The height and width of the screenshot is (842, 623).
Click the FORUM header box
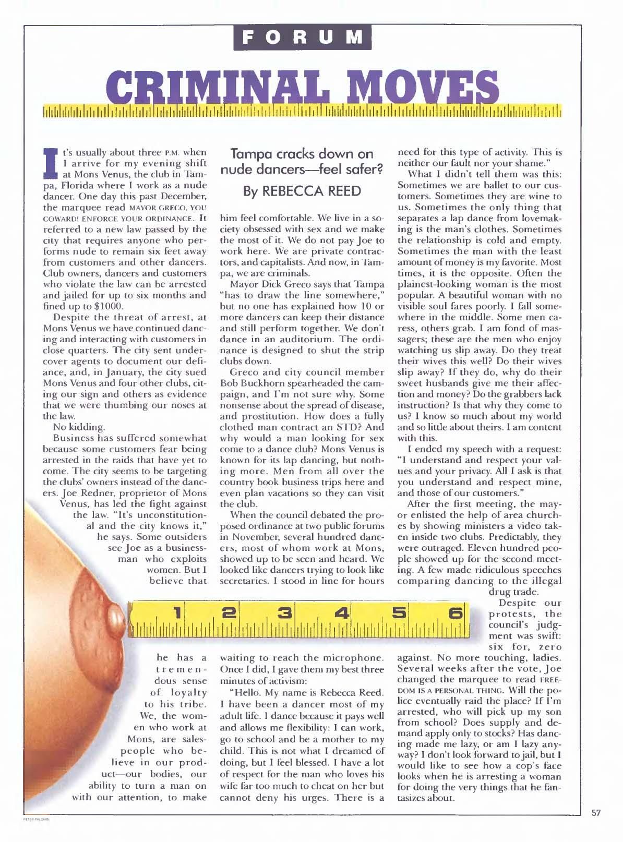[x=303, y=37]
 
